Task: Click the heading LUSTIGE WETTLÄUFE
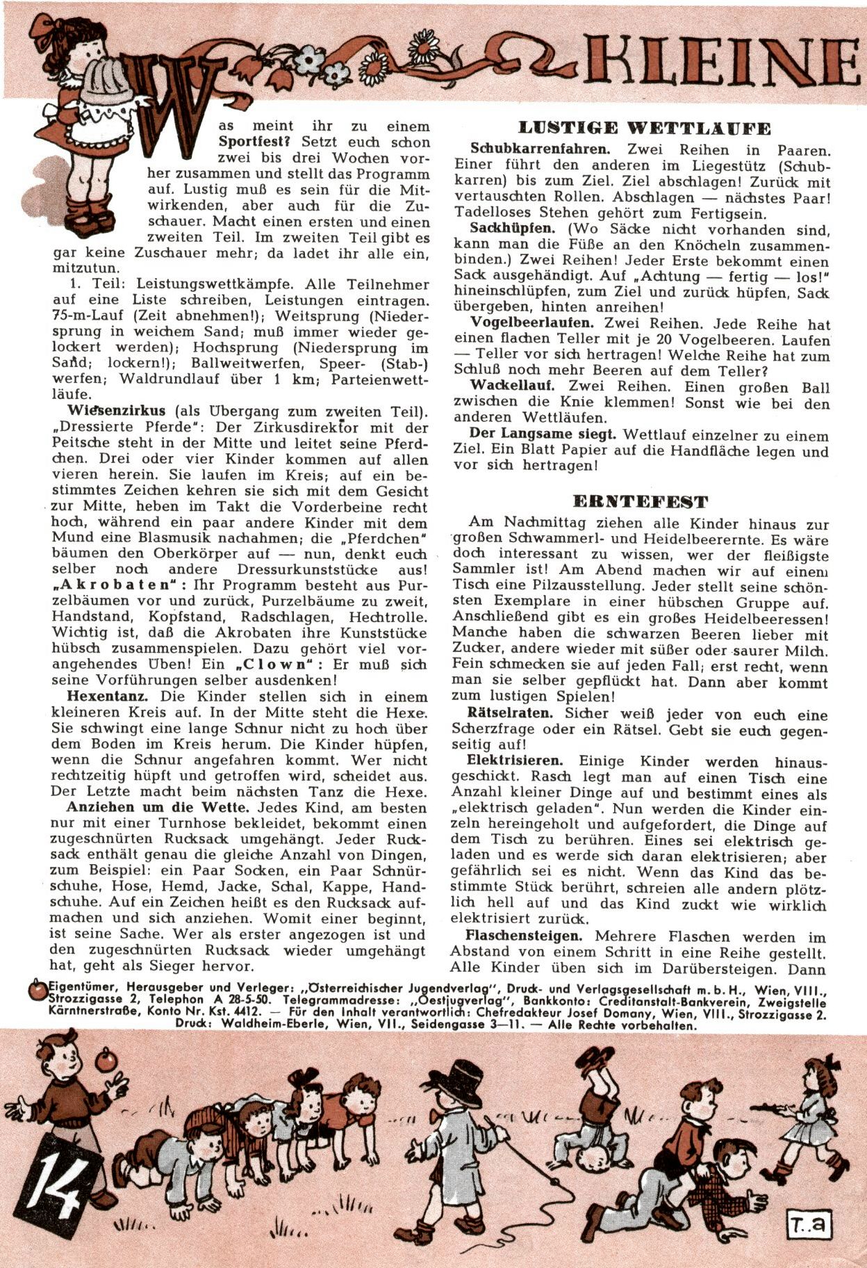(644, 128)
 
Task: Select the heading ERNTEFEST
(640, 501)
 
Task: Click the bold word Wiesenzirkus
(116, 410)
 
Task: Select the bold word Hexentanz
(106, 697)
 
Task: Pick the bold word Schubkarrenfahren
(540, 149)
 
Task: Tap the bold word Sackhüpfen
(512, 229)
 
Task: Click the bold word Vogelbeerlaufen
(532, 323)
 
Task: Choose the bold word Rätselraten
(510, 713)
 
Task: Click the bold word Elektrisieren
(515, 761)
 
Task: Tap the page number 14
(51, 1180)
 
